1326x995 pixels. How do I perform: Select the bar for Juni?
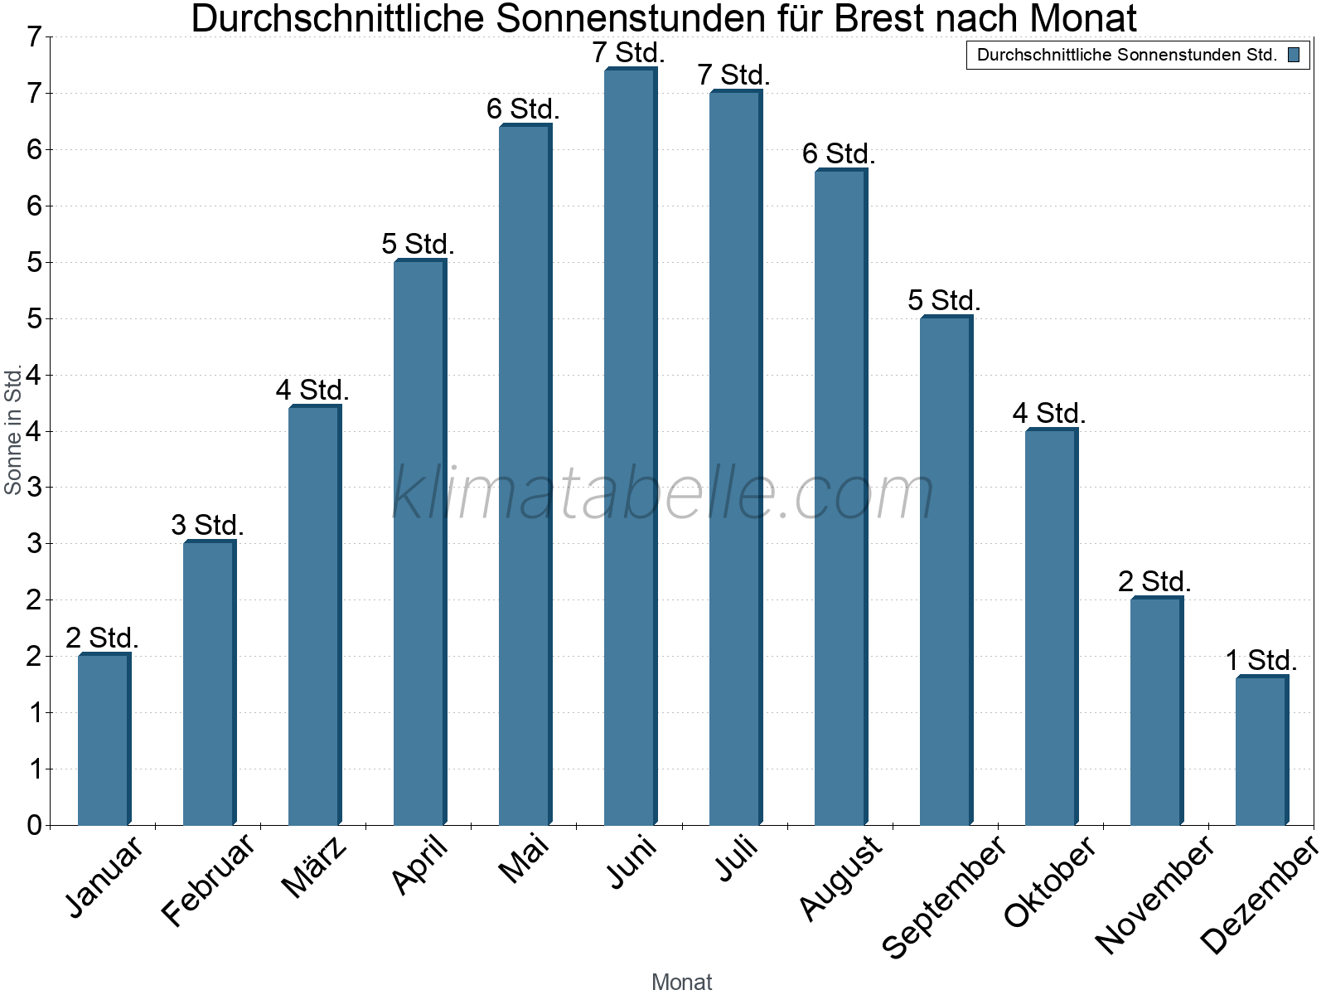630,448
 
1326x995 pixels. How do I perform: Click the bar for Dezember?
1261,750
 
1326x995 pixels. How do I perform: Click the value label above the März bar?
312,390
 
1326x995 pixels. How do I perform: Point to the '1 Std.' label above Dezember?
1261,661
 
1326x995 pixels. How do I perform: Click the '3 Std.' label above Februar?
207,525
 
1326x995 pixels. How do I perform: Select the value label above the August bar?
839,153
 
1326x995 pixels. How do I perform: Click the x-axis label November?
1154,894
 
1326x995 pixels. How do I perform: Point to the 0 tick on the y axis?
34,825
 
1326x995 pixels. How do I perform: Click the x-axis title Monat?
681,982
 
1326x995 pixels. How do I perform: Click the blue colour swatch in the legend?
1293,56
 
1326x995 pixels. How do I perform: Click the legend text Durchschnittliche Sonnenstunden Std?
1126,56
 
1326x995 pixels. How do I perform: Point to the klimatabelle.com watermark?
663,493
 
